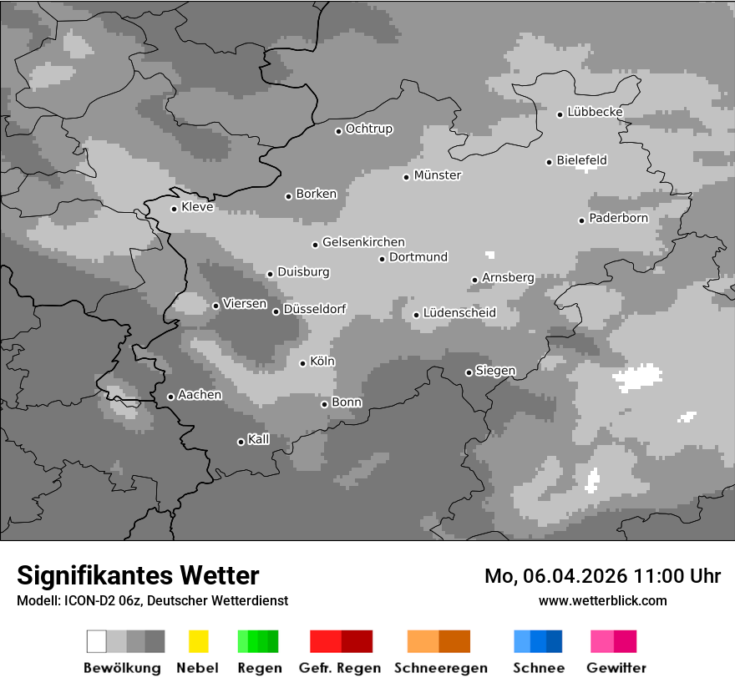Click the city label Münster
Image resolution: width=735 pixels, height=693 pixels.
[438, 175]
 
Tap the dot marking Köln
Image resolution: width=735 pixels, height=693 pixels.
[303, 363]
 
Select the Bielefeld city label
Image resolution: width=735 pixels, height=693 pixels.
[581, 160]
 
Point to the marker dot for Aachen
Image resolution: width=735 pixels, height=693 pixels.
[171, 397]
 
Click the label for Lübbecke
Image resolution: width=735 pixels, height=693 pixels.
[595, 112]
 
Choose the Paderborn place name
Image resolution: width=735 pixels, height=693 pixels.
[618, 219]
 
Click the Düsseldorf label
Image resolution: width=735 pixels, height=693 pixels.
[314, 309]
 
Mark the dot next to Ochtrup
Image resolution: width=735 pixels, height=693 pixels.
[339, 131]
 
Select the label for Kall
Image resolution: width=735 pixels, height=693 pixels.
[259, 439]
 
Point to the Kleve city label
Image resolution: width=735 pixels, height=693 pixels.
[197, 207]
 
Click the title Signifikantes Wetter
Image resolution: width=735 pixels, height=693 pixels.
[138, 576]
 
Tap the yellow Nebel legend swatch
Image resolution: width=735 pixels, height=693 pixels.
[199, 641]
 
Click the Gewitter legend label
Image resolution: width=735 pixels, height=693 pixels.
[616, 668]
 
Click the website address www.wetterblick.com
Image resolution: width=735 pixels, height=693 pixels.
[603, 600]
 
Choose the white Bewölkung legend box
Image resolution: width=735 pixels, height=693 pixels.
[97, 641]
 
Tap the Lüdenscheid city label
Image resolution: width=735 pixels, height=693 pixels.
[459, 313]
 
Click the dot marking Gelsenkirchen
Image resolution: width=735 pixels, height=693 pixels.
[316, 245]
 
